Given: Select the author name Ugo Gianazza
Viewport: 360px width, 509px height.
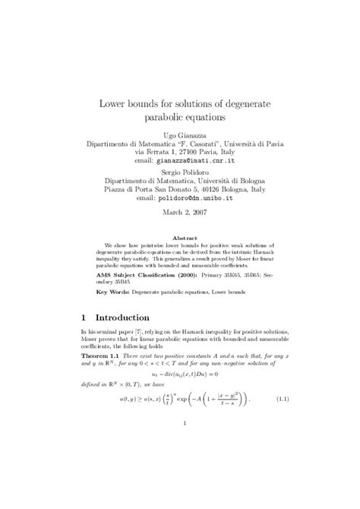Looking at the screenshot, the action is tap(179, 133).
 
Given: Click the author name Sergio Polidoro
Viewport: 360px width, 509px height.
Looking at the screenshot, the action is tap(179, 173).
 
